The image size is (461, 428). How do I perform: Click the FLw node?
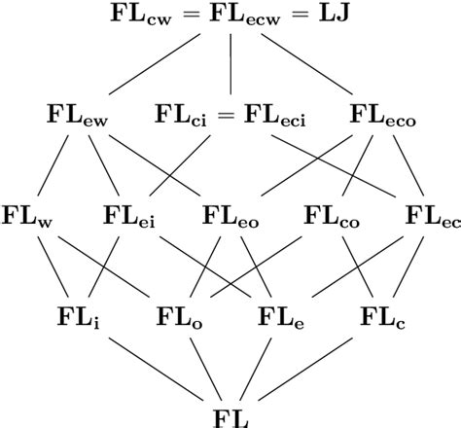pos(27,214)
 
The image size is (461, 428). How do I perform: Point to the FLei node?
pos(129,214)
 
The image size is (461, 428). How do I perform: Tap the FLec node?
pos(433,214)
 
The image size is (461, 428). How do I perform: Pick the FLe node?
pos(282,316)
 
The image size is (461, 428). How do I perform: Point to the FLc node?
pos(382,316)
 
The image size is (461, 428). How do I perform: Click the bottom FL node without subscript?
pos(230,416)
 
